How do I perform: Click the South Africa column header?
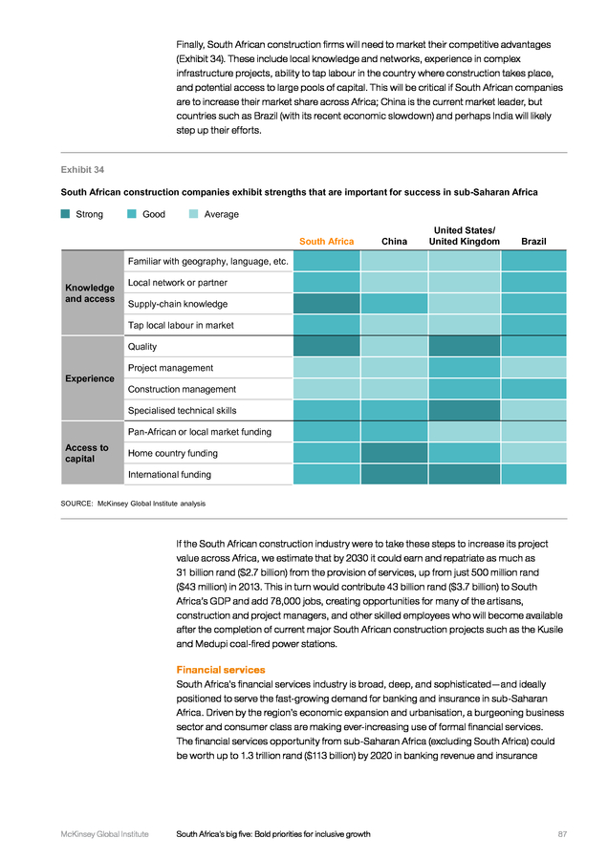click(x=327, y=242)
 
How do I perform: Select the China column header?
click(x=394, y=242)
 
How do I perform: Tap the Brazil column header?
click(x=533, y=242)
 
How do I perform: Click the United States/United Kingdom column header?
click(x=465, y=236)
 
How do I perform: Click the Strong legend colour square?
click(x=65, y=214)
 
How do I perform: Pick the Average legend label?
click(x=221, y=214)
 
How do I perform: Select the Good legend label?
click(x=154, y=214)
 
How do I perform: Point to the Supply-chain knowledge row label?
click(x=178, y=304)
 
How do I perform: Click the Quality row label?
click(x=142, y=347)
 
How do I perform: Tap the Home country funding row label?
click(x=173, y=453)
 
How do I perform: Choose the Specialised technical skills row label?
click(x=183, y=410)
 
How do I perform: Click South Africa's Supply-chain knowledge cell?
click(x=327, y=303)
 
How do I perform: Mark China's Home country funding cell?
click(x=394, y=453)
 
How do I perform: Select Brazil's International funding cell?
click(x=533, y=474)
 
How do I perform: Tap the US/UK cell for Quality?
click(x=465, y=346)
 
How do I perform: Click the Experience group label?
click(x=90, y=378)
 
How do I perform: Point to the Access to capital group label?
click(x=87, y=453)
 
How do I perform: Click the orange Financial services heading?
click(x=221, y=670)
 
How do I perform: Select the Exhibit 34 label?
click(x=82, y=170)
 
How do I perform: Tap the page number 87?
click(x=562, y=834)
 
